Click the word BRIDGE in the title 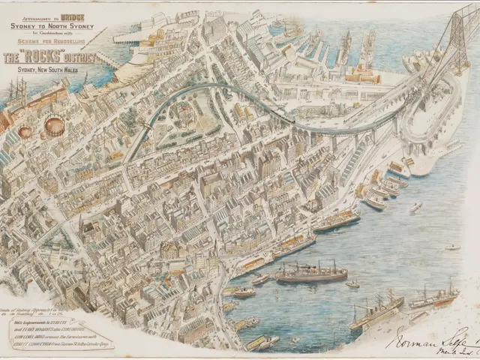tap(63, 14)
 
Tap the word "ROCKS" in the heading tap(43, 57)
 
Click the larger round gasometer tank tap(54, 125)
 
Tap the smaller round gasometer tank tap(25, 132)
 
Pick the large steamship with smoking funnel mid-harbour tap(310, 273)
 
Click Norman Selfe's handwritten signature tap(427, 335)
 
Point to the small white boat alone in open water tap(452, 246)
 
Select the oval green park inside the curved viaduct tap(182, 116)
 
